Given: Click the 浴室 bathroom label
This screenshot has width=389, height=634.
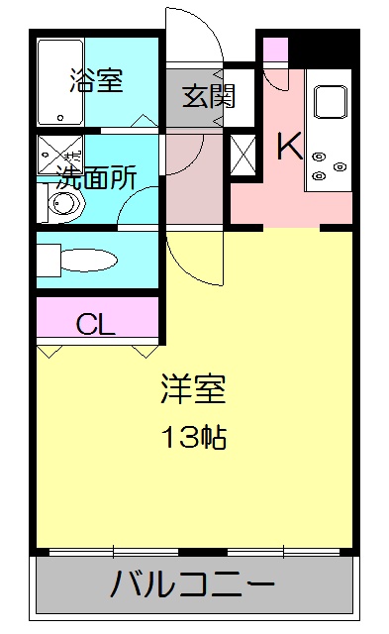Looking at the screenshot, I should pyautogui.click(x=97, y=82).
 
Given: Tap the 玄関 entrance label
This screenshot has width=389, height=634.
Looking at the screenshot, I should pyautogui.click(x=208, y=97).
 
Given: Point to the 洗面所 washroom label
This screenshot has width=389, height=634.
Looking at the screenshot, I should pyautogui.click(x=95, y=178).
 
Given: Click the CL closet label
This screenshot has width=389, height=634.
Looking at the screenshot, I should pyautogui.click(x=97, y=323).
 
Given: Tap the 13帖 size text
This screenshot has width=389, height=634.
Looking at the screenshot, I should pyautogui.click(x=194, y=436).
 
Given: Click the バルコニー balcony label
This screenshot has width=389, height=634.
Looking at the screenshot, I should pyautogui.click(x=194, y=584).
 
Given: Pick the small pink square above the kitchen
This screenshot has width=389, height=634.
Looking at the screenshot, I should pyautogui.click(x=275, y=50).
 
